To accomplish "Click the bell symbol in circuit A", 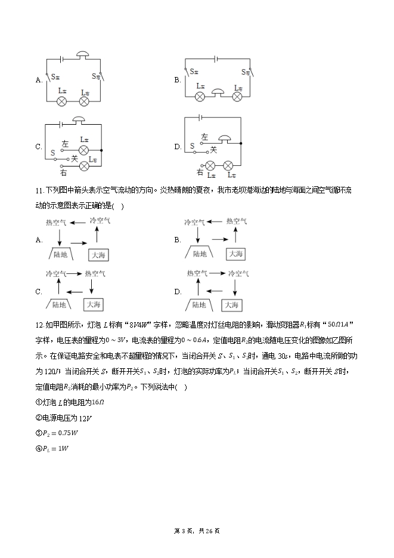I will click(82, 56).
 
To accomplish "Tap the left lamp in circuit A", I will click(61, 101).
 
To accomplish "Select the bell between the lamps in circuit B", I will click(219, 93).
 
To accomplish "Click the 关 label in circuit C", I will click(75, 159).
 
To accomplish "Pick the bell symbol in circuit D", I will click(224, 140).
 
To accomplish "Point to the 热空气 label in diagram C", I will click(95, 273).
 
